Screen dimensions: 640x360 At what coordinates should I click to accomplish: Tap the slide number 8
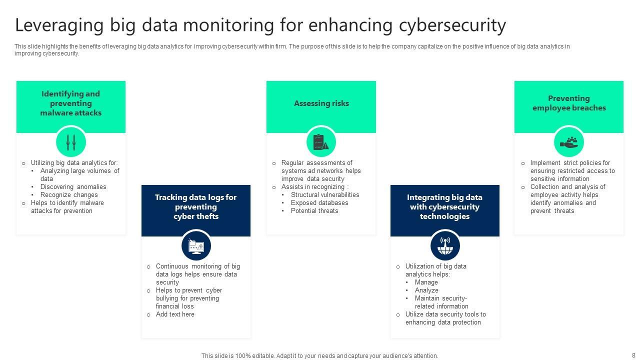pos(634,355)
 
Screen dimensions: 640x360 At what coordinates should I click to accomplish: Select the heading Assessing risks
pos(321,103)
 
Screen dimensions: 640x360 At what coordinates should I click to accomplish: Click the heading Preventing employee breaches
pos(569,103)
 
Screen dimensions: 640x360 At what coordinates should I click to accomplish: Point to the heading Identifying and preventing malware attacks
pos(70,103)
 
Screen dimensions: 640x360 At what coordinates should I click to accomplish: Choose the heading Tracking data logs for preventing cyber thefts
pos(195,207)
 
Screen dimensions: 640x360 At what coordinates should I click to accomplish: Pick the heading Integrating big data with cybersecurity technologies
pos(444,207)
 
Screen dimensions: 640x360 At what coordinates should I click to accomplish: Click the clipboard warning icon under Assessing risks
pos(321,142)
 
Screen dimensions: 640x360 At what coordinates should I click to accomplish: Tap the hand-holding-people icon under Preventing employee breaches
pos(569,142)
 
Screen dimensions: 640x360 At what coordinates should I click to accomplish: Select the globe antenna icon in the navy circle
pos(444,245)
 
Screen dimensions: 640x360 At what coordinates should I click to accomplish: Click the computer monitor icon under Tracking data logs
pos(196,246)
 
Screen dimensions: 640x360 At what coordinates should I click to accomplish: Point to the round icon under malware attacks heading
pos(71,142)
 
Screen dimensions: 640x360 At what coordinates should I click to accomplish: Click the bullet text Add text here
pos(175,314)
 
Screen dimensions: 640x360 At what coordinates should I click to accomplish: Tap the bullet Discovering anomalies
pos(73,187)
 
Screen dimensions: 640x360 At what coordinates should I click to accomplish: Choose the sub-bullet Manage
pos(426,282)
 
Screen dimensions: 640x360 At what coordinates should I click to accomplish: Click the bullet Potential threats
pos(314,211)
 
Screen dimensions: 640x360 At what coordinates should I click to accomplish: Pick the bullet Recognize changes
pos(69,195)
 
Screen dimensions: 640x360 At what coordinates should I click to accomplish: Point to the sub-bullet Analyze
pos(426,290)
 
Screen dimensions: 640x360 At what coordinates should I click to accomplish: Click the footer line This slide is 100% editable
pos(319,356)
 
